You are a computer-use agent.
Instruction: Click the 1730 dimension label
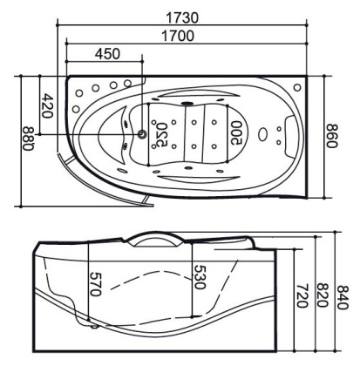pos(182,17)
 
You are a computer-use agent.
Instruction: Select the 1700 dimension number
pos(177,36)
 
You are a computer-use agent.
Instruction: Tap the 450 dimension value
pos(107,54)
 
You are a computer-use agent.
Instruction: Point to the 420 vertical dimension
pos(47,105)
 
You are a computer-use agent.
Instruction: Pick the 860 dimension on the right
pos(332,136)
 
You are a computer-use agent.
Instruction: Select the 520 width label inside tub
pos(159,135)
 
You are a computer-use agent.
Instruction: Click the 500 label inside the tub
pos(236,132)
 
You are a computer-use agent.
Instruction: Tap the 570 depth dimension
pos(95,283)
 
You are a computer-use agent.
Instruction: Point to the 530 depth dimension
pos(199,277)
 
